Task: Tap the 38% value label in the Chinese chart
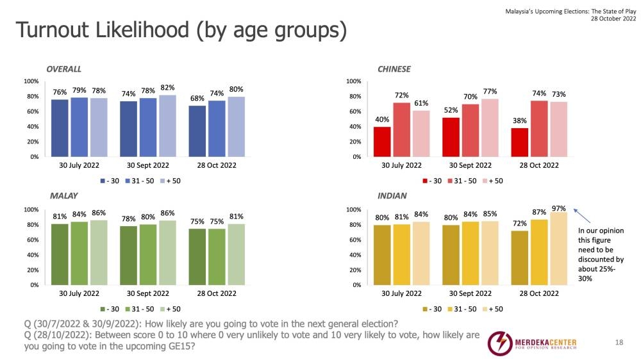[520, 120]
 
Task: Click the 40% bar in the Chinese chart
[382, 142]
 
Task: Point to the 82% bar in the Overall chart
[168, 126]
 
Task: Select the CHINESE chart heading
[394, 69]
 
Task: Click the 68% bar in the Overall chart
[198, 131]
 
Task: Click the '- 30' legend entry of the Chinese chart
[433, 181]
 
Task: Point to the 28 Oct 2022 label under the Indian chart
[538, 293]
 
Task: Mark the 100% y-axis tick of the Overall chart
[31, 81]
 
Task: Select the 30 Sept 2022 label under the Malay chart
[149, 293]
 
